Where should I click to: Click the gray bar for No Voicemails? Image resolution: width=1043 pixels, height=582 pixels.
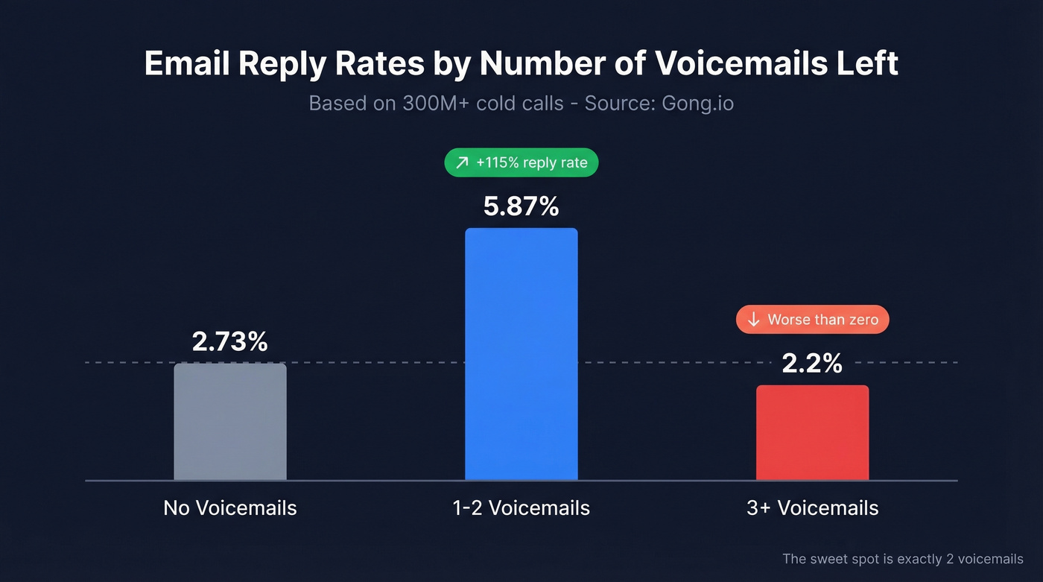pyautogui.click(x=229, y=422)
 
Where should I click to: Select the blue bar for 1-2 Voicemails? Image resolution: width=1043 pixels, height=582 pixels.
pyautogui.click(x=521, y=354)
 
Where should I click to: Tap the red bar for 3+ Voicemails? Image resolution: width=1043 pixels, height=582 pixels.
pyautogui.click(x=812, y=432)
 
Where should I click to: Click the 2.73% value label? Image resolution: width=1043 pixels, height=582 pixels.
pyautogui.click(x=229, y=342)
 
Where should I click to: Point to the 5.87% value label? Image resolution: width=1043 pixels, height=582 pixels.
pyautogui.click(x=521, y=206)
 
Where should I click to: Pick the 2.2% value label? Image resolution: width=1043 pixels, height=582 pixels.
pyautogui.click(x=812, y=364)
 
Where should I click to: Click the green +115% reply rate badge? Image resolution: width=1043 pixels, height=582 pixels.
pyautogui.click(x=521, y=162)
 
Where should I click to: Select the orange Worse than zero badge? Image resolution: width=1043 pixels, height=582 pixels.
pyautogui.click(x=812, y=320)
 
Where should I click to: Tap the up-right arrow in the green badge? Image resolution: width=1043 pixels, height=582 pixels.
pyautogui.click(x=463, y=162)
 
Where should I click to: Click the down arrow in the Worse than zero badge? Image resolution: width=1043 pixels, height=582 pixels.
pyautogui.click(x=753, y=320)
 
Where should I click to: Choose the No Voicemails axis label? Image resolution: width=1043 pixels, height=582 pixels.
pyautogui.click(x=229, y=508)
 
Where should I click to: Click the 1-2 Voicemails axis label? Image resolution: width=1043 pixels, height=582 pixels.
pyautogui.click(x=521, y=508)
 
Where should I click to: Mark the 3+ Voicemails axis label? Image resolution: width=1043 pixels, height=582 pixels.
pyautogui.click(x=812, y=508)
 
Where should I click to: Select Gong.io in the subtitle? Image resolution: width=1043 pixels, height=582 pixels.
pyautogui.click(x=697, y=103)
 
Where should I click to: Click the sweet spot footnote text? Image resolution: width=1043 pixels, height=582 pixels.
pyautogui.click(x=902, y=559)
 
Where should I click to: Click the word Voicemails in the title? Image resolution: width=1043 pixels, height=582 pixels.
pyautogui.click(x=741, y=64)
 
